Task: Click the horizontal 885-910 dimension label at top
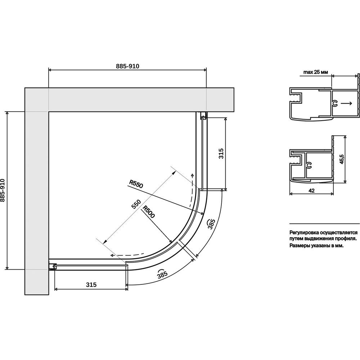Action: pos(127,66)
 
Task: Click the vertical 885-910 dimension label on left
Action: pos(3,190)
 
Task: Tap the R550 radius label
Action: pos(136,184)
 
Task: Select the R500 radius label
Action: pos(149,211)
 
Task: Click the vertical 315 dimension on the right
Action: pos(221,154)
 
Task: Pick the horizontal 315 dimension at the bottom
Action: pos(91,285)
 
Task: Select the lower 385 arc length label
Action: pos(162,274)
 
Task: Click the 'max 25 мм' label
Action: pos(316,72)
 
